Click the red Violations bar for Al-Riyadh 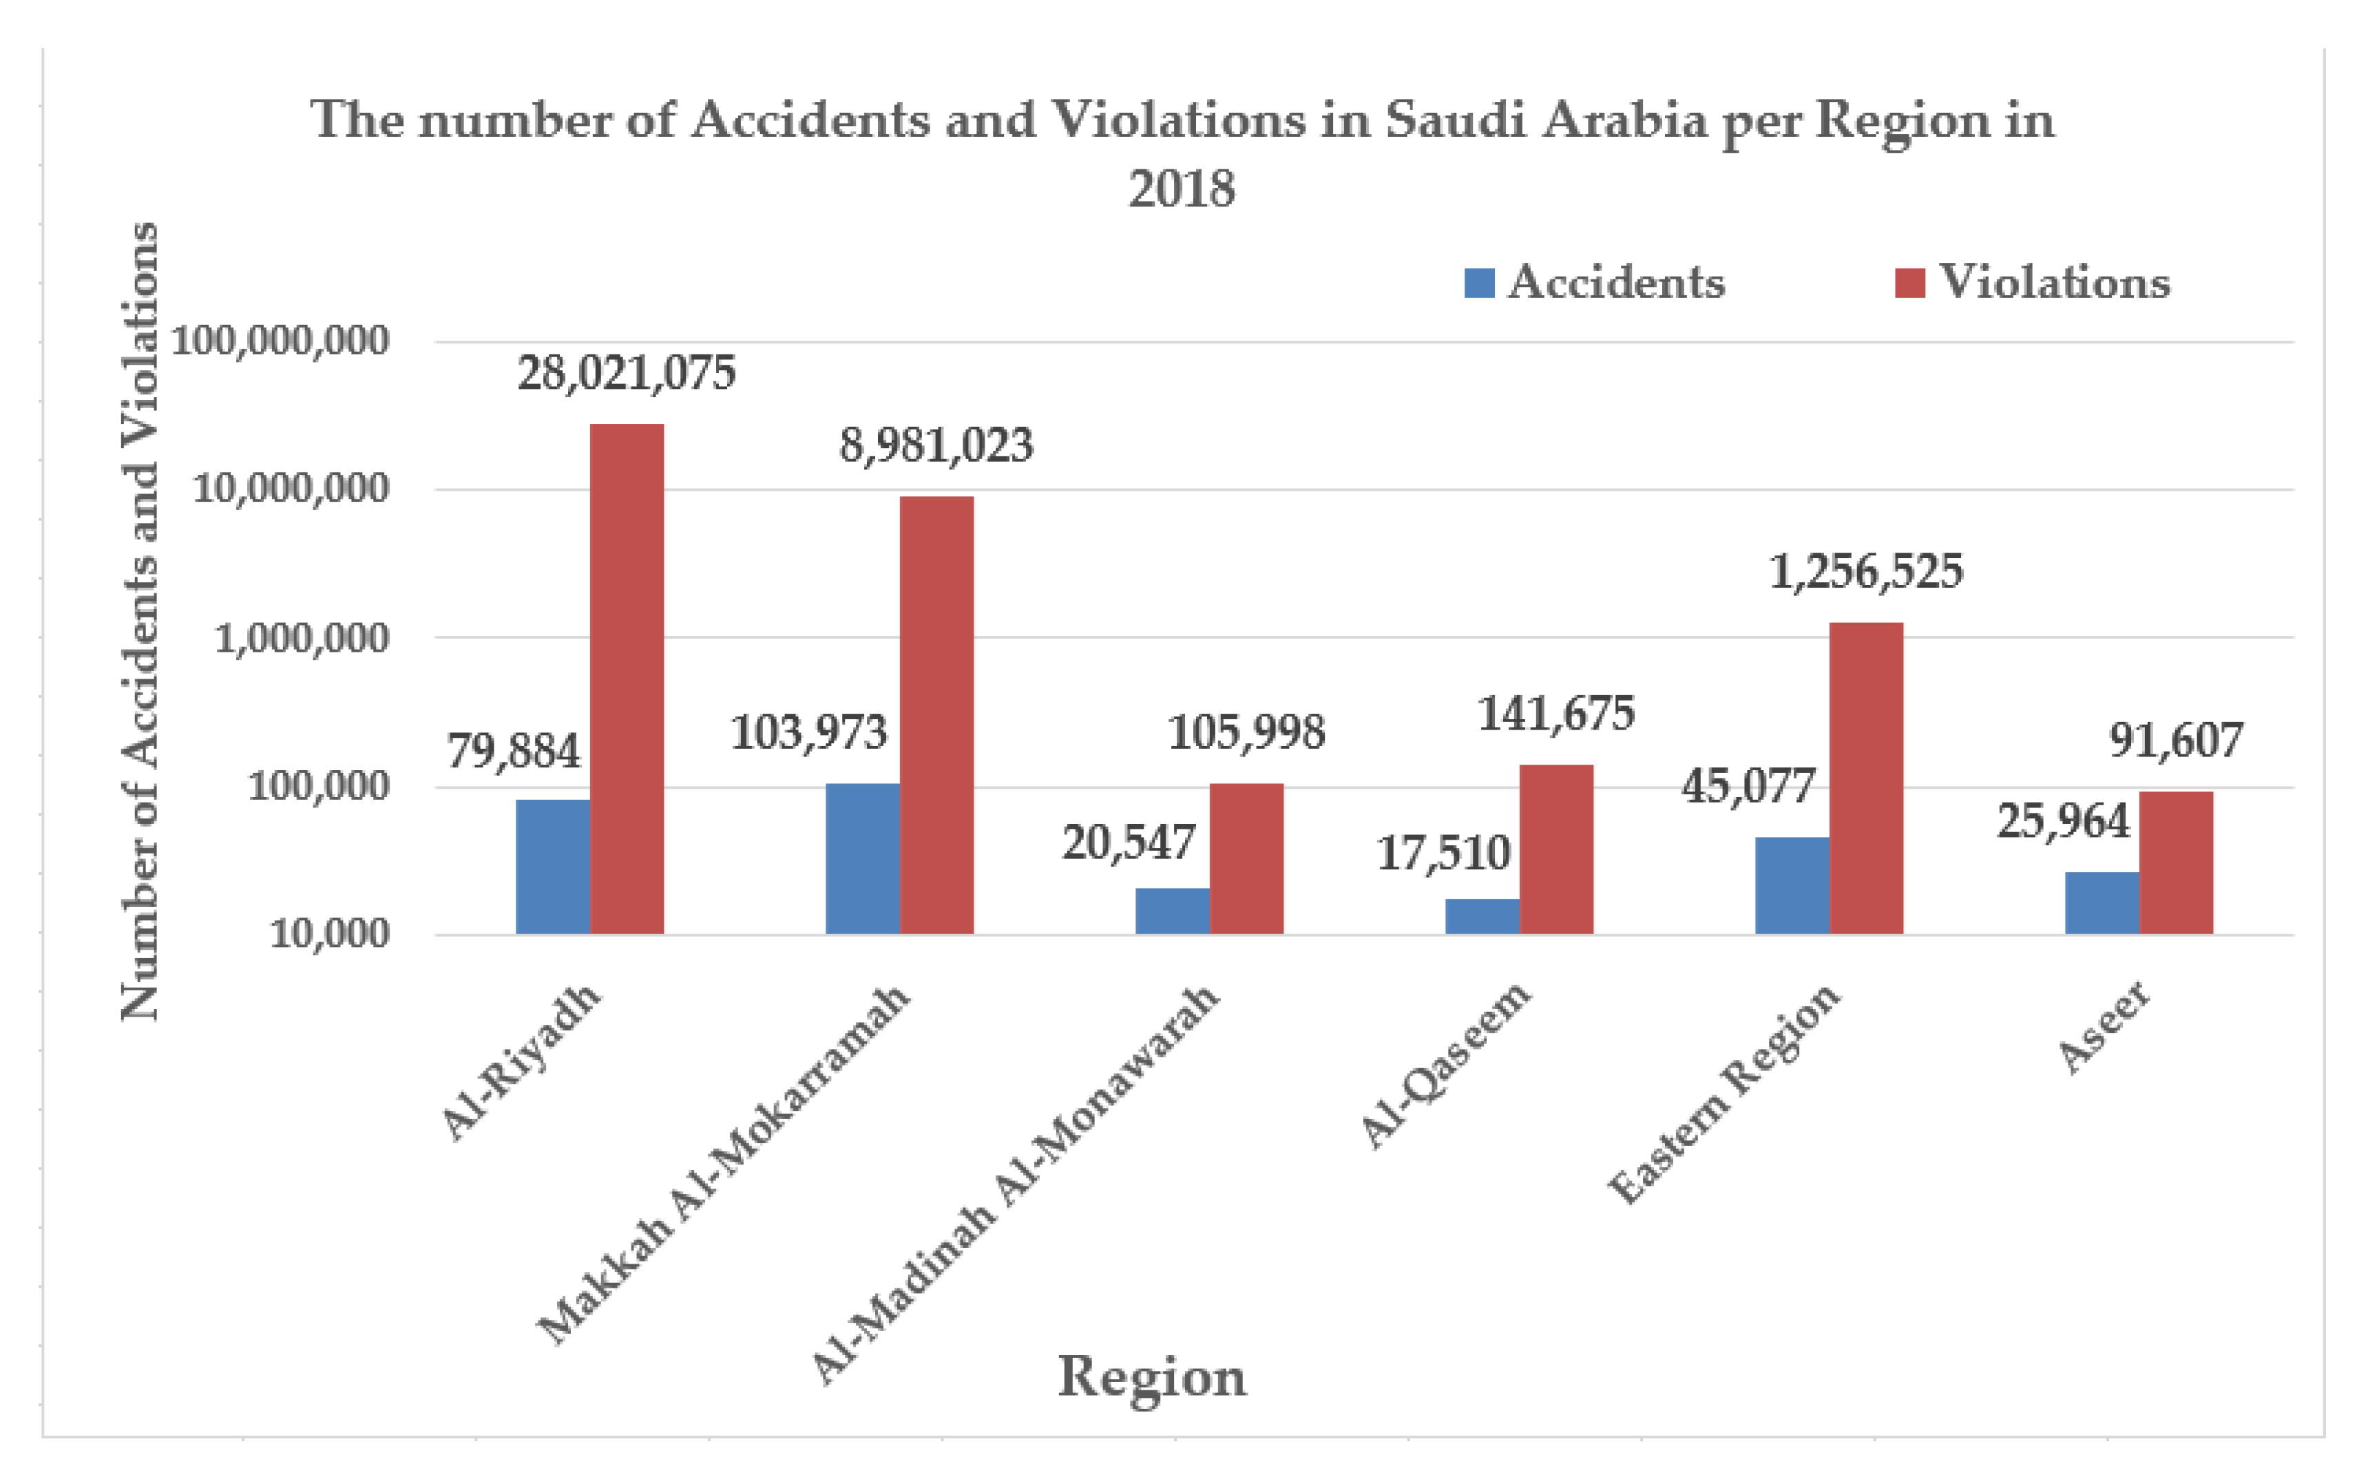[627, 678]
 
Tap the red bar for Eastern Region [1865, 778]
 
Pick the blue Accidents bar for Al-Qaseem [1481, 915]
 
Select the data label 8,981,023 [935, 445]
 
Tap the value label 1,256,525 [1865, 571]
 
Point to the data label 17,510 [1443, 853]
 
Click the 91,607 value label [2176, 741]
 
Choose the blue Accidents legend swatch [1479, 284]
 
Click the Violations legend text [2054, 282]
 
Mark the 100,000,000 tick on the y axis [280, 341]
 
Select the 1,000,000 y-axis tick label [301, 638]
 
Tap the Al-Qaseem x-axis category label [1445, 1065]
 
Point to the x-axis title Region [1152, 1377]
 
